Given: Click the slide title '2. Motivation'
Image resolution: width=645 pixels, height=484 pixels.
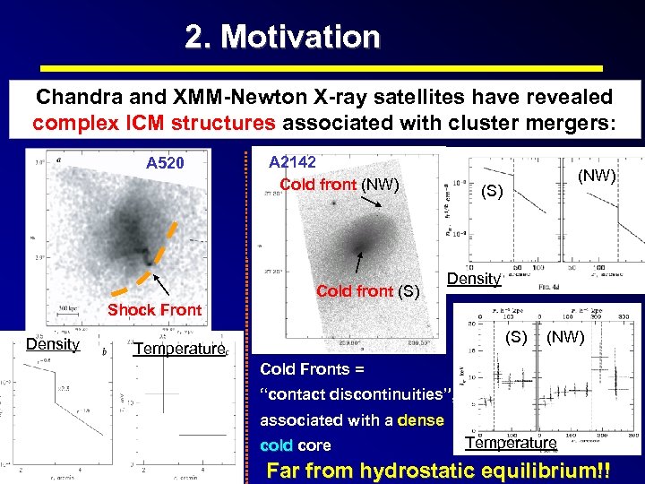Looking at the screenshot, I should pyautogui.click(x=282, y=37).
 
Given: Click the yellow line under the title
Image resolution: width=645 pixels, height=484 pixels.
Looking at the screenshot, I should pyautogui.click(x=322, y=68).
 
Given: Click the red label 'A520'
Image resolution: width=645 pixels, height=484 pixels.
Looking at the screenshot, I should pyautogui.click(x=165, y=163).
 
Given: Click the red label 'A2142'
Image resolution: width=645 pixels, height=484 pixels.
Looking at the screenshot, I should pyautogui.click(x=294, y=161).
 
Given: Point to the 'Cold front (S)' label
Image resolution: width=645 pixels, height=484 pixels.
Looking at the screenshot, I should pyautogui.click(x=367, y=290).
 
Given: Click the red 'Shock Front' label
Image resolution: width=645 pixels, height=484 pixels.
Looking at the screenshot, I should pyautogui.click(x=154, y=310).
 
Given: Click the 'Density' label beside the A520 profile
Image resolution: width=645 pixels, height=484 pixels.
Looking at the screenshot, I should pyautogui.click(x=53, y=343).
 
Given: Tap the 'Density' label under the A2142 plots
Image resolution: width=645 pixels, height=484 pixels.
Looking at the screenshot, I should pyautogui.click(x=472, y=279).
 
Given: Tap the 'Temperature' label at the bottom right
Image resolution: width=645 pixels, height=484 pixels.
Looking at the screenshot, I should pyautogui.click(x=511, y=443).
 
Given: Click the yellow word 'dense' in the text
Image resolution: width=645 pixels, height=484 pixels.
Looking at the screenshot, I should pyautogui.click(x=420, y=419).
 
